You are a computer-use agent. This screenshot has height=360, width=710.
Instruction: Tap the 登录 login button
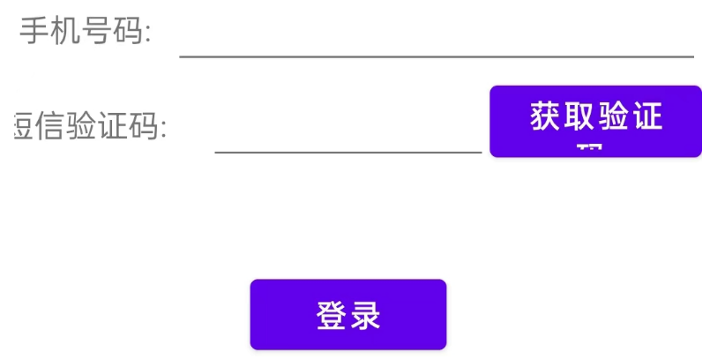(x=348, y=314)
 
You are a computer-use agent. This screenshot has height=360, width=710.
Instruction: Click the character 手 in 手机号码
(x=34, y=33)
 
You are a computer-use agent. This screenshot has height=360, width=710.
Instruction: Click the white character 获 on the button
(x=546, y=116)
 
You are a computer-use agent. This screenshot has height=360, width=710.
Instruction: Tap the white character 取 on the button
(x=579, y=116)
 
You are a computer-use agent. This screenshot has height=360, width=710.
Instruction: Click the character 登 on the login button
(x=332, y=315)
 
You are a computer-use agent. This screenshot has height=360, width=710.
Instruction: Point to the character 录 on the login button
(x=364, y=315)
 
